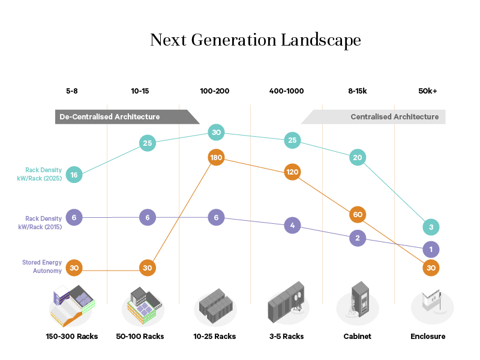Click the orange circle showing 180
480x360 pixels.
pos(217,158)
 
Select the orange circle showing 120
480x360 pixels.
pos(292,172)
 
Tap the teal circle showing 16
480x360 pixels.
pos(74,175)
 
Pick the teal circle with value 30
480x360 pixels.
pos(217,133)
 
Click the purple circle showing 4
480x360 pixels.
pos(292,226)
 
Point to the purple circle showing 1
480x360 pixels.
pos(430,249)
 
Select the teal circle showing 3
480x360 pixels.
pos(430,227)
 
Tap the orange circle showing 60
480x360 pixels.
pos(358,215)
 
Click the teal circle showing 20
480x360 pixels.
pos(358,158)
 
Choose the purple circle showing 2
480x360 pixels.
pos(358,238)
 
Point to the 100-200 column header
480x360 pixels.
pos(214,91)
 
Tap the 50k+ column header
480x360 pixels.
pos(428,91)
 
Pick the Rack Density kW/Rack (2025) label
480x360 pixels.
pos(43,174)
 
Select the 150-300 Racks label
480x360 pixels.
pos(72,337)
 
